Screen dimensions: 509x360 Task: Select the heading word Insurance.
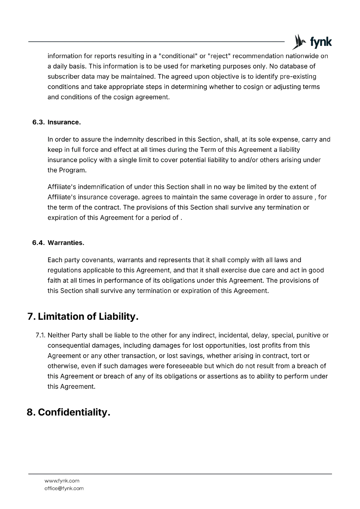(x=64, y=122)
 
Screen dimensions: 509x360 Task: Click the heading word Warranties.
(x=66, y=243)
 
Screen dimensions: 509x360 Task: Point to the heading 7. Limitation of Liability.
(x=83, y=317)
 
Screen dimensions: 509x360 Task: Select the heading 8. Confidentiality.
(x=69, y=412)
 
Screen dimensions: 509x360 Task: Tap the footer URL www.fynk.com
(x=62, y=481)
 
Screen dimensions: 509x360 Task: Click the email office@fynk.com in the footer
(x=64, y=488)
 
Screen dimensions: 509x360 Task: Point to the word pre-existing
(x=298, y=77)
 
